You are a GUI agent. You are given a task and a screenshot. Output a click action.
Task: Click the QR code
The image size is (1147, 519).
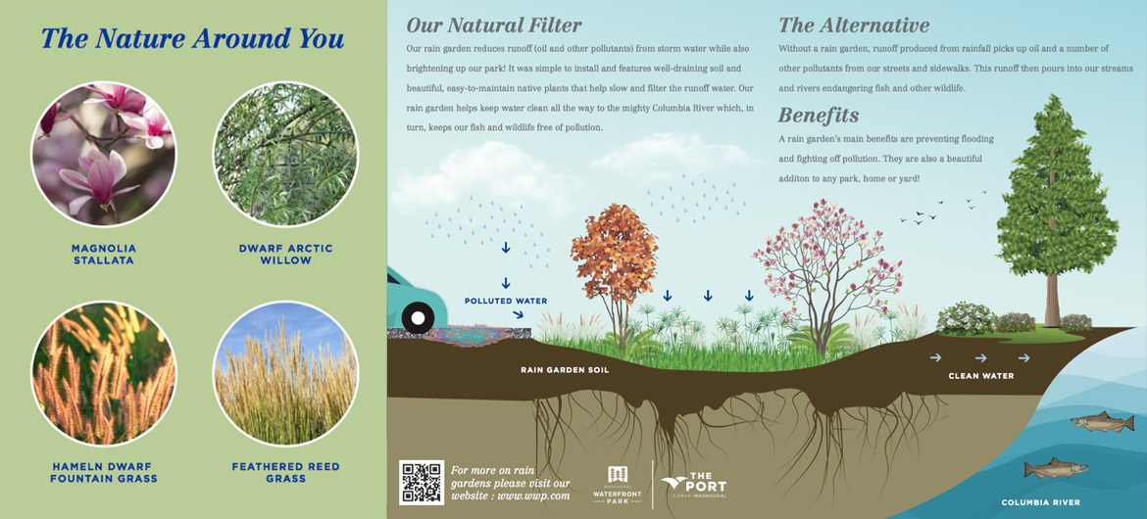(422, 483)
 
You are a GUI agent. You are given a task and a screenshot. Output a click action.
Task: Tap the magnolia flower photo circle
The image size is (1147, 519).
(103, 155)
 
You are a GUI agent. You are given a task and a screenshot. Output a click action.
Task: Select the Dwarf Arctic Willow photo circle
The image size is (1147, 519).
(285, 155)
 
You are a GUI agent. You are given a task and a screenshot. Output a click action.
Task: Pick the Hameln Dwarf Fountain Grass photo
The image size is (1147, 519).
(103, 373)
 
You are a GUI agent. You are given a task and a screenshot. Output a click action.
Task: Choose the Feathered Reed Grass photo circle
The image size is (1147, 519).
(285, 373)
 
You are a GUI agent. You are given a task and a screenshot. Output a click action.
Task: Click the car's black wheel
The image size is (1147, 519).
(418, 318)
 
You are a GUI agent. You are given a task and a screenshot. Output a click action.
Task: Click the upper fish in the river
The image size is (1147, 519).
(1102, 421)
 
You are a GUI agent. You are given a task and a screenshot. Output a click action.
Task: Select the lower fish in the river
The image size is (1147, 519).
(1056, 468)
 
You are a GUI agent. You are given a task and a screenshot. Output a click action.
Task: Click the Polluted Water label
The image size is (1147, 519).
(506, 301)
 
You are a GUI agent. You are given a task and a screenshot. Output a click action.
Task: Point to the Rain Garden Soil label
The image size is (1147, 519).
(565, 370)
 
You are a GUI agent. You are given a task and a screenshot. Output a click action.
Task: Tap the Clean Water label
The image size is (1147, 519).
(981, 376)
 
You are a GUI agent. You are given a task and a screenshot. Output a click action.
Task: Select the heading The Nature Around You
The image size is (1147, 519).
(192, 38)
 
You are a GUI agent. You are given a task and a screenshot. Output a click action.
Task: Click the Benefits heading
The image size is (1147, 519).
(819, 116)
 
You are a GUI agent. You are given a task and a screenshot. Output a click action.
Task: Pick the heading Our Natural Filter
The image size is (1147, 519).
(494, 25)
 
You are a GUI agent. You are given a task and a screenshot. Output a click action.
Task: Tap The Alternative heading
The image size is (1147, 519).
(854, 25)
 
